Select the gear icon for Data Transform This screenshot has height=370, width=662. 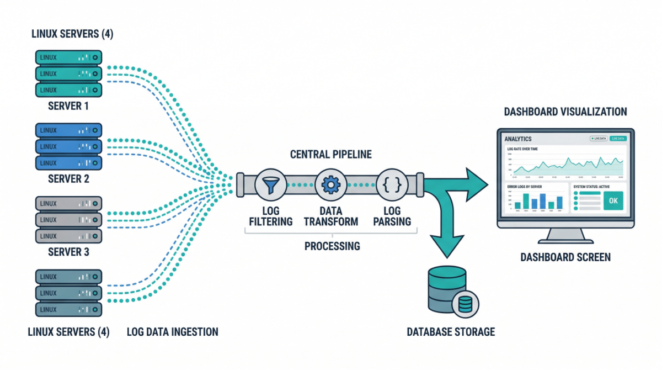point(331,185)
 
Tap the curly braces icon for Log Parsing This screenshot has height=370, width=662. point(392,185)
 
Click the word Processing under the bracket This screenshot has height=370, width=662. point(332,246)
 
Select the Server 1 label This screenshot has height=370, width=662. point(68,106)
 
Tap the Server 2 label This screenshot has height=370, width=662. point(68,179)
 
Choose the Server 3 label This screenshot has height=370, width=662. point(68,252)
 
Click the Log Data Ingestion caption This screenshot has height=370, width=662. point(173,332)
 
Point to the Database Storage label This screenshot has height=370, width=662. point(451,332)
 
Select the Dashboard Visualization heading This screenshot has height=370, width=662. point(565,112)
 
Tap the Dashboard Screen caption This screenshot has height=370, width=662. point(565,257)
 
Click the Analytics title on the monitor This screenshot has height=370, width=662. point(518,139)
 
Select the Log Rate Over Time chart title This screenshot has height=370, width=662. point(522,149)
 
